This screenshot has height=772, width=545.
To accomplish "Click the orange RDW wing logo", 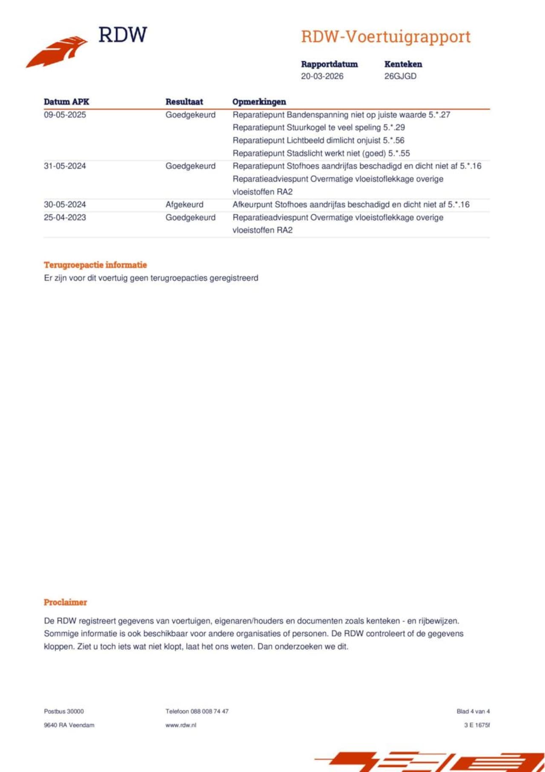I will click(x=57, y=52).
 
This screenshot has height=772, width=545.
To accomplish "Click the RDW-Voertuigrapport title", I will click(x=386, y=37).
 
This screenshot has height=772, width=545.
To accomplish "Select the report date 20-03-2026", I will click(x=322, y=76).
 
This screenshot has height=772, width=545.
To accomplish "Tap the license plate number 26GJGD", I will click(x=400, y=76).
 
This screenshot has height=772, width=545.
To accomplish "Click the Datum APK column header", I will click(x=66, y=102).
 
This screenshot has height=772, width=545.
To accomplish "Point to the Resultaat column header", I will click(x=184, y=102).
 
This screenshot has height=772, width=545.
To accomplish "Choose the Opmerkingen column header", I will click(x=259, y=102).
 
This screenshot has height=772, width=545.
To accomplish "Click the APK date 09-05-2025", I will click(x=65, y=115).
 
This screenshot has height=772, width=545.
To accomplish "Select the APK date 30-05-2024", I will click(x=65, y=205).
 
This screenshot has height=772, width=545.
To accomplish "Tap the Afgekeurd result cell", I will click(x=184, y=205).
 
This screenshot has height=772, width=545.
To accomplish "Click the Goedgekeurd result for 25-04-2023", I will click(x=190, y=217).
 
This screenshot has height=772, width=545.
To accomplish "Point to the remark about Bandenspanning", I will click(x=341, y=115).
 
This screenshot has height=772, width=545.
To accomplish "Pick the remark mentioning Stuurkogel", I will click(x=318, y=127).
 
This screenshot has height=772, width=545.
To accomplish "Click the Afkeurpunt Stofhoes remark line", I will click(x=351, y=205).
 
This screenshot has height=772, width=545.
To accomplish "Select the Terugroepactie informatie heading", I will click(x=95, y=265).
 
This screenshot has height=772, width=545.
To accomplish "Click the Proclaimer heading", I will click(x=65, y=602).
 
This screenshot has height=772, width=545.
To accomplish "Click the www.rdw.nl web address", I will click(x=181, y=725).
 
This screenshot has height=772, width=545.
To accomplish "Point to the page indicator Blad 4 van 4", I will click(x=473, y=711).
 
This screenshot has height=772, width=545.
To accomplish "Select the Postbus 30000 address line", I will click(x=64, y=711).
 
